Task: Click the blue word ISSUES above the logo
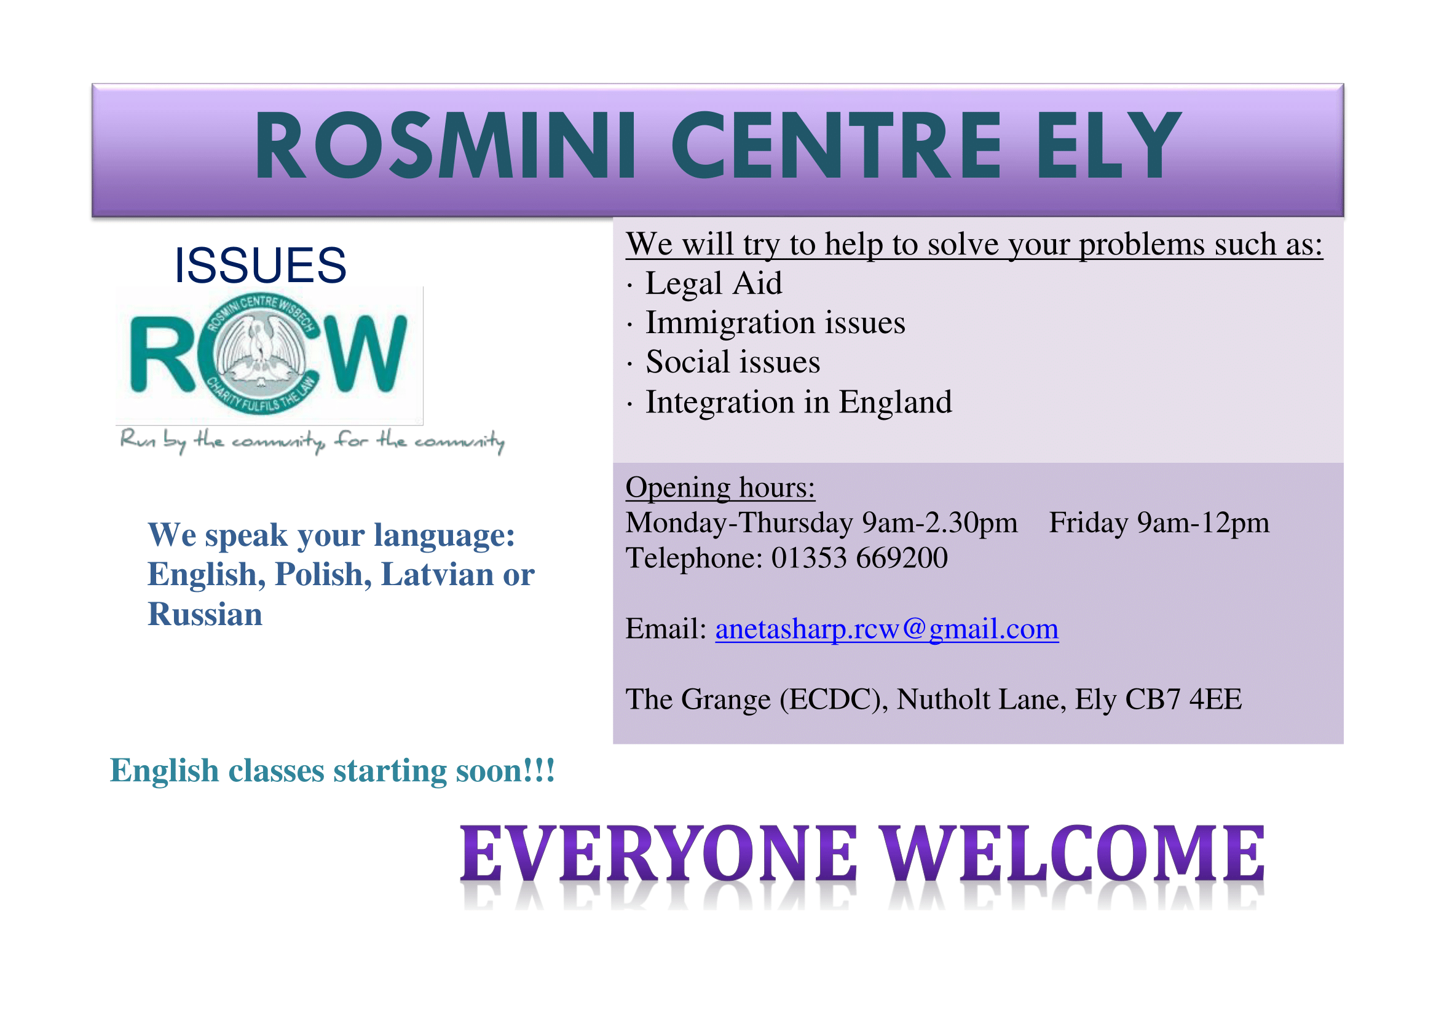click(x=260, y=266)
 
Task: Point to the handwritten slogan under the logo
click(x=312, y=441)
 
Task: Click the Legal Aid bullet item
click(x=713, y=283)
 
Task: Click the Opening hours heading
click(x=720, y=488)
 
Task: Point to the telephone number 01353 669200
click(x=859, y=558)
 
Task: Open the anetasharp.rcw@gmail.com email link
click(x=886, y=629)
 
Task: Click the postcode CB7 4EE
click(x=1183, y=699)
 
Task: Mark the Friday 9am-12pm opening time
click(x=1159, y=523)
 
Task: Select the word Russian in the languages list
click(x=205, y=614)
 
